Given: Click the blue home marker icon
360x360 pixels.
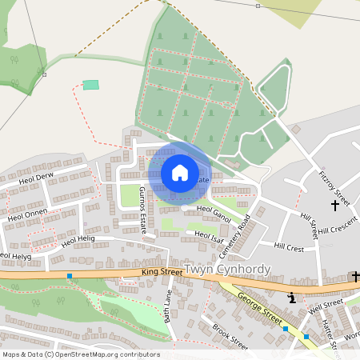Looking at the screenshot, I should click(180, 172).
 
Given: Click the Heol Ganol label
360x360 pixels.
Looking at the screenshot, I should click(214, 213).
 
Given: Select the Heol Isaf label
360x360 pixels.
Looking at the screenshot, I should click(208, 235).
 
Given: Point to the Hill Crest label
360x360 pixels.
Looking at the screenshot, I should click(289, 248).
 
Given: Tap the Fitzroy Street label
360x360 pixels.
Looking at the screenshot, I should click(334, 186).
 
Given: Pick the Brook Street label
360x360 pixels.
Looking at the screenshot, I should click(230, 337).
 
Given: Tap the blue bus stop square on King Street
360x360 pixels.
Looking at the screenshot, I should click(70, 276).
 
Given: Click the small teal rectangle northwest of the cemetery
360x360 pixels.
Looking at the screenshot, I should click(91, 85).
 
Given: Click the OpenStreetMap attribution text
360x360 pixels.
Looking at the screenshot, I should click(81, 354).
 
